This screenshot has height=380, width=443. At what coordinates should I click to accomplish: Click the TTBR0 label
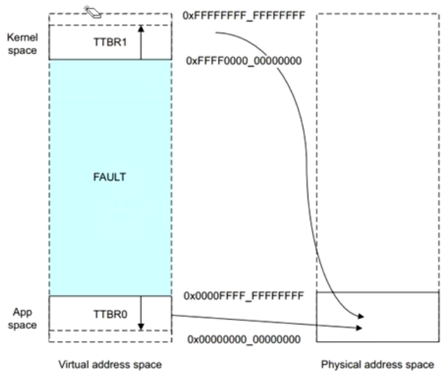[x=109, y=313]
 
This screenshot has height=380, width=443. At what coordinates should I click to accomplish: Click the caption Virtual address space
[x=109, y=364]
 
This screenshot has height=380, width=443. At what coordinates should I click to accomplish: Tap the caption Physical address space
[x=378, y=364]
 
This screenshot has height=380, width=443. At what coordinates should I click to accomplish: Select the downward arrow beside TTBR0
[x=140, y=313]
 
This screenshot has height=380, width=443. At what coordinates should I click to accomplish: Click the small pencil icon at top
[x=92, y=10]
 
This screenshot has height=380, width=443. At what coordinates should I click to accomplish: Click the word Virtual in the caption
[x=76, y=364]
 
